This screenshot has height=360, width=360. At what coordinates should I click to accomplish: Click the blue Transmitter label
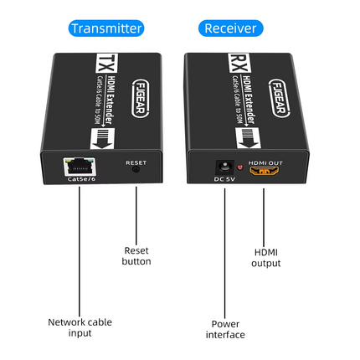coord(107,28)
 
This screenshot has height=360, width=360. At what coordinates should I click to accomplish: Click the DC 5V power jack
coord(224,167)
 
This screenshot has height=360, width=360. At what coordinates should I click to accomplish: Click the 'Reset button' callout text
coord(137,255)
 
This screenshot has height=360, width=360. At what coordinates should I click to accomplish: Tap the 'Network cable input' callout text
coord(80,327)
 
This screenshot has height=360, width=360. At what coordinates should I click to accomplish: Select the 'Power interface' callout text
coord(225,328)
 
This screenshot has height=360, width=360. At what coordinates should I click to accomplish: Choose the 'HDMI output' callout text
coord(266,257)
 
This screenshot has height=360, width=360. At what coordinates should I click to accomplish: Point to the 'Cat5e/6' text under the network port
coord(80,177)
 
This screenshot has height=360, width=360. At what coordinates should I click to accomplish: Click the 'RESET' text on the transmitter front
coord(136,162)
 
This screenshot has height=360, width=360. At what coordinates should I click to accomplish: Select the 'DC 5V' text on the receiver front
coord(224,179)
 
